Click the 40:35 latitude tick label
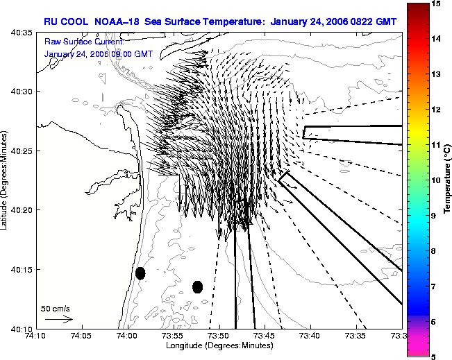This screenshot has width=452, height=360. click(x=22, y=33)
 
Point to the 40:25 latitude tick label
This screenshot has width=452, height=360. click(x=22, y=151)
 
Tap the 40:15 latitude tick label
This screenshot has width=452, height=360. click(x=22, y=269)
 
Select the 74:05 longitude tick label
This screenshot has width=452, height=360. click(x=83, y=336)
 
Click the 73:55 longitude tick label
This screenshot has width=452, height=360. click(x=174, y=336)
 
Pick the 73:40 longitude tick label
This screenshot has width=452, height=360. click(x=311, y=336)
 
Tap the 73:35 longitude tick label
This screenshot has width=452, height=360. click(x=357, y=336)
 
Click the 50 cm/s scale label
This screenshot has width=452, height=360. click(x=55, y=309)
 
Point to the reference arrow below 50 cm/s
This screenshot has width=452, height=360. click(x=59, y=319)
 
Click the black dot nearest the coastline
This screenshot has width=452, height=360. click(x=140, y=273)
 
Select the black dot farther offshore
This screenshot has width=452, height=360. click(x=197, y=287)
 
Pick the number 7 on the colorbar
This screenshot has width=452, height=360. click(x=433, y=286)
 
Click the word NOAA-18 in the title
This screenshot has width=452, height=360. click(x=117, y=22)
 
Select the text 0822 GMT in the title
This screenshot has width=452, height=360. click(x=374, y=22)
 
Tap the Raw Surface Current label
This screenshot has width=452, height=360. click(x=84, y=42)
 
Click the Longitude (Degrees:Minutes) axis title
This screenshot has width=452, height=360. click(x=219, y=345)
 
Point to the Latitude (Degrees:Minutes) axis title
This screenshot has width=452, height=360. click(x=4, y=180)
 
